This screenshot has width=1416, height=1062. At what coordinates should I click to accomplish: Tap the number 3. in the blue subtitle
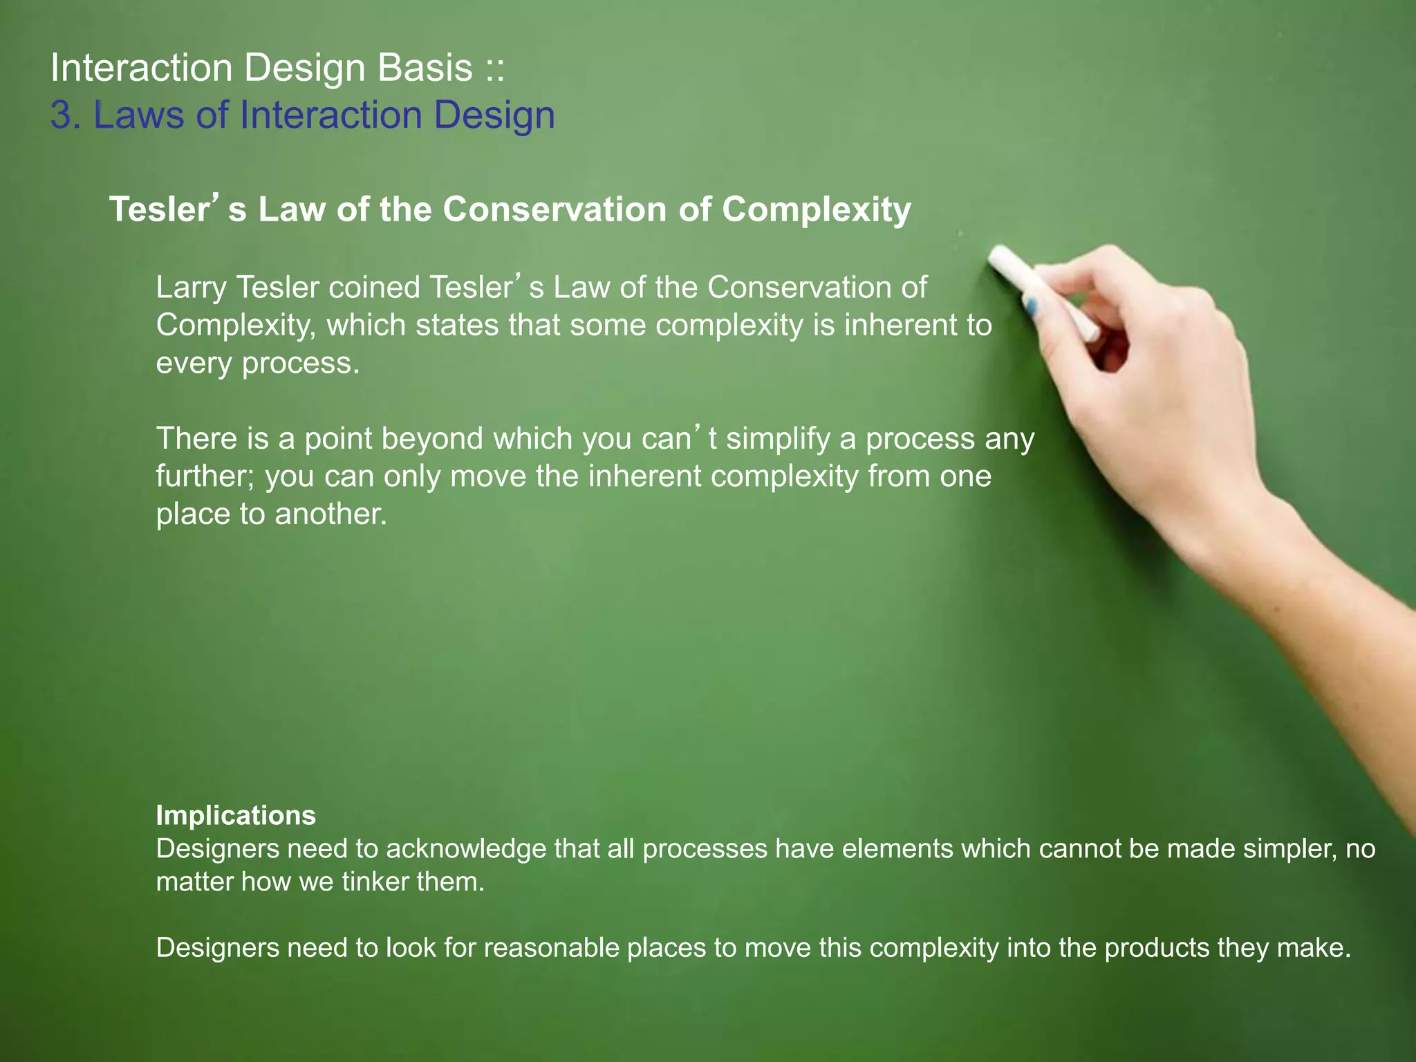tap(66, 115)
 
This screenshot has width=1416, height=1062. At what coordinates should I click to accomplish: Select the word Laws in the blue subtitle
tap(139, 115)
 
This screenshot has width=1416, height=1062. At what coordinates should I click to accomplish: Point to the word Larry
tap(191, 288)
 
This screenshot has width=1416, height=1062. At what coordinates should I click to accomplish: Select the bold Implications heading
tap(236, 815)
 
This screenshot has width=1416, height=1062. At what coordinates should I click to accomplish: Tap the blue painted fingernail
tap(1031, 305)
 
